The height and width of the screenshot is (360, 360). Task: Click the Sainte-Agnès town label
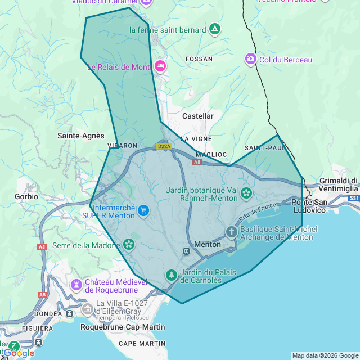click(81, 136)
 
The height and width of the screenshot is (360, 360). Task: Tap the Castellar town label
click(198, 116)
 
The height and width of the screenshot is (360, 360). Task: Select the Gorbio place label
click(26, 196)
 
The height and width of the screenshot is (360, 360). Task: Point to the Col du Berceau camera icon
click(250, 59)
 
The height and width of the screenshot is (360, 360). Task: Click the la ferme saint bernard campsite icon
click(214, 29)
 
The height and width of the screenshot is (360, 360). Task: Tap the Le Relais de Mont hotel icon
click(160, 66)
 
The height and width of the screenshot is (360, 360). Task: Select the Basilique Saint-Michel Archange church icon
click(232, 232)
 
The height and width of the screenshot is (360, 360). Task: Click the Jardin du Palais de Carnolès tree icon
click(171, 275)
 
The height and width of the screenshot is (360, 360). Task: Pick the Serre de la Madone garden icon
click(129, 244)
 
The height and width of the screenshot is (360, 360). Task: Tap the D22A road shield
click(164, 146)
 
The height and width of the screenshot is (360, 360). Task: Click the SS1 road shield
click(354, 199)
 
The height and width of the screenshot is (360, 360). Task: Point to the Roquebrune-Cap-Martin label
click(123, 327)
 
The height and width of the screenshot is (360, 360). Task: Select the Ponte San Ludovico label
click(309, 206)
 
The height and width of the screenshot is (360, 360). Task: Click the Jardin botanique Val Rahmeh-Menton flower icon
click(246, 193)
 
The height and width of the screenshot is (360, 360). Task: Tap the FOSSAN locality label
click(200, 59)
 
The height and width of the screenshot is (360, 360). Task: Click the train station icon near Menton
click(186, 251)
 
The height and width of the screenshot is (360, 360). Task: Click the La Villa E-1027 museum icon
click(88, 308)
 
